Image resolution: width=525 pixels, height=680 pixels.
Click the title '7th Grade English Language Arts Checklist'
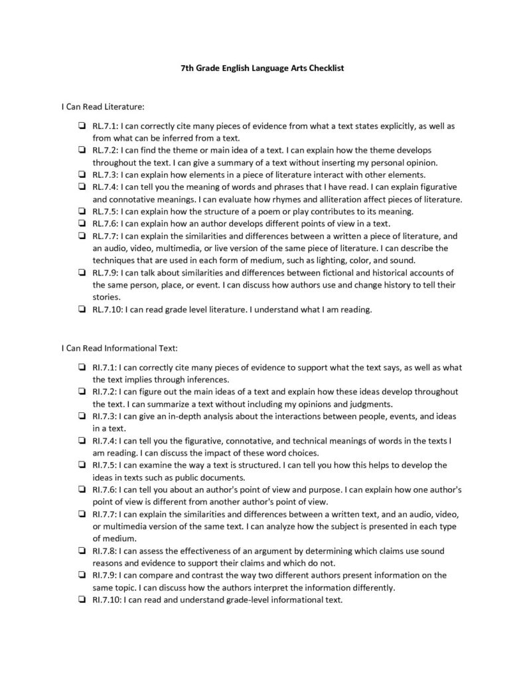[x=262, y=68]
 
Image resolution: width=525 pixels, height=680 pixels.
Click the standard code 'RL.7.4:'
[x=105, y=187]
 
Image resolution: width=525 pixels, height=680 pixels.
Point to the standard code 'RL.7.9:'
[x=105, y=272]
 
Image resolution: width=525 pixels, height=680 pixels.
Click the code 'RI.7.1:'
[x=104, y=367]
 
